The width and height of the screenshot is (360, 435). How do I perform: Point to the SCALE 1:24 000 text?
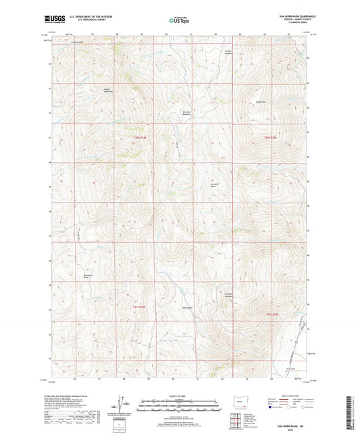tap(179, 396)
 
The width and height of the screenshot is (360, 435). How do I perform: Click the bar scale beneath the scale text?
tap(179, 405)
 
